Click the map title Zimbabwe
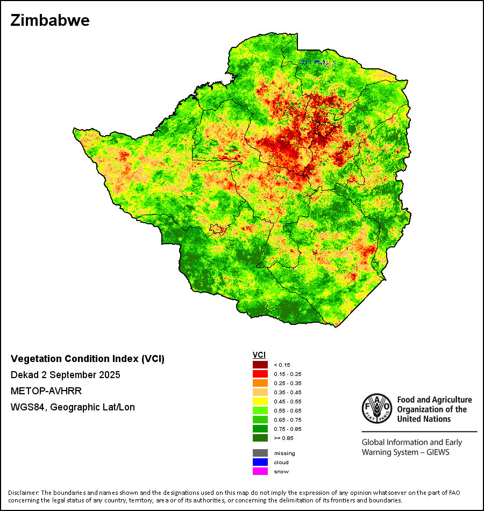[49, 21]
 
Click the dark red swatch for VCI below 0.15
[261, 365]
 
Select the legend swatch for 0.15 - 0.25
[261, 374]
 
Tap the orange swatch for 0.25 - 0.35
[261, 383]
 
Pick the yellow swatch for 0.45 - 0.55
[261, 401]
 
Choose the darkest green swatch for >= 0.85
[261, 438]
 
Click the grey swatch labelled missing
[261, 453]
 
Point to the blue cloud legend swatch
[261, 462]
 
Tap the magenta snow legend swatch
[261, 471]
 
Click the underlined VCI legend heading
[259, 355]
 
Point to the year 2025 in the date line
[110, 375]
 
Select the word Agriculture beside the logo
[446, 400]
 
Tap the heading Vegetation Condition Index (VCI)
[88, 359]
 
